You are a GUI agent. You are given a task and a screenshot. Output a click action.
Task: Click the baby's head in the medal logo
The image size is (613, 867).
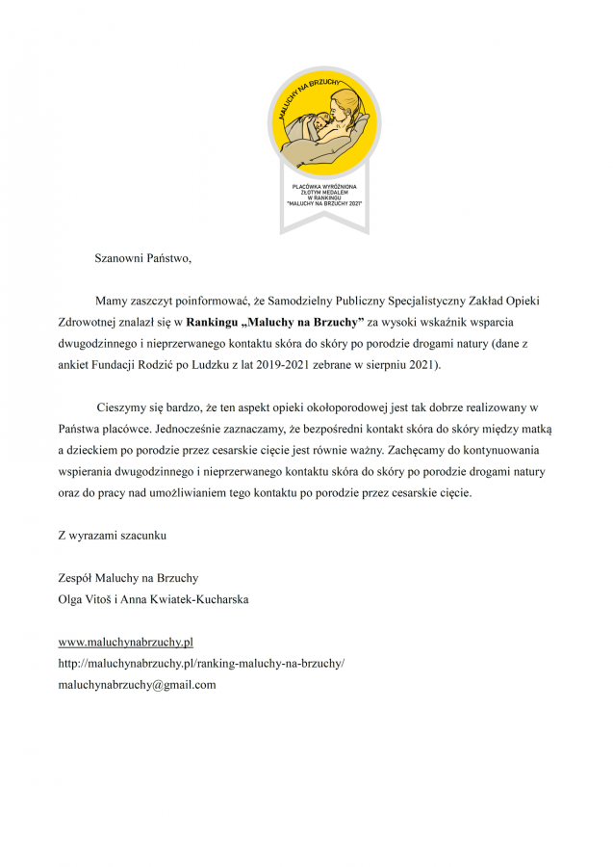pyautogui.click(x=309, y=125)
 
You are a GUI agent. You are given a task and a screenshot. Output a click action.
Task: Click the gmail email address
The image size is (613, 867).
pyautogui.click(x=137, y=685)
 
